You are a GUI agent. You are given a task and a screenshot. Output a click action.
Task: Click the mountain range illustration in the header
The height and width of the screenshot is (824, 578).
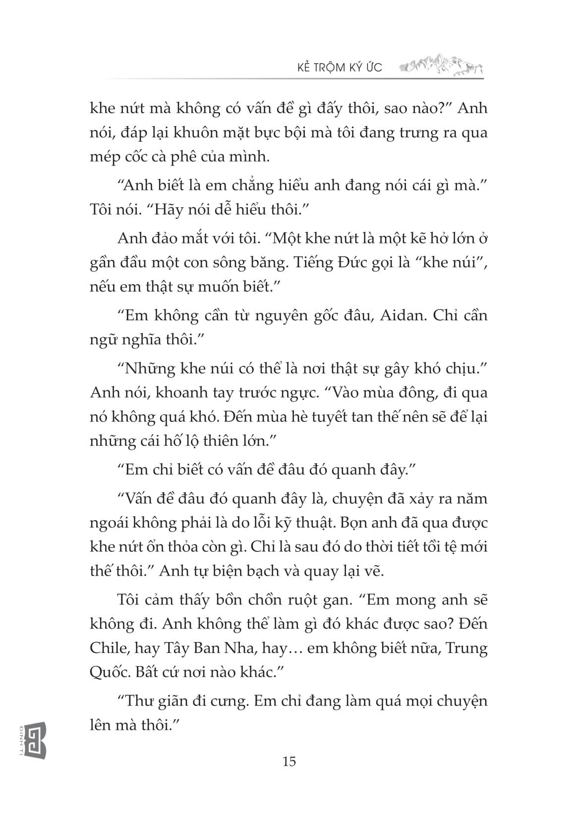click(440, 65)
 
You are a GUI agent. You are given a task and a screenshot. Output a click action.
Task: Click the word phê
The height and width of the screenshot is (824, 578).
click(235, 157)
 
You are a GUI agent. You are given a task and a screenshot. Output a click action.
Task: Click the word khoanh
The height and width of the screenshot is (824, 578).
click(184, 393)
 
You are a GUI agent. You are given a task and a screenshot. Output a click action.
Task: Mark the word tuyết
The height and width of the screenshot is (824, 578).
click(349, 417)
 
